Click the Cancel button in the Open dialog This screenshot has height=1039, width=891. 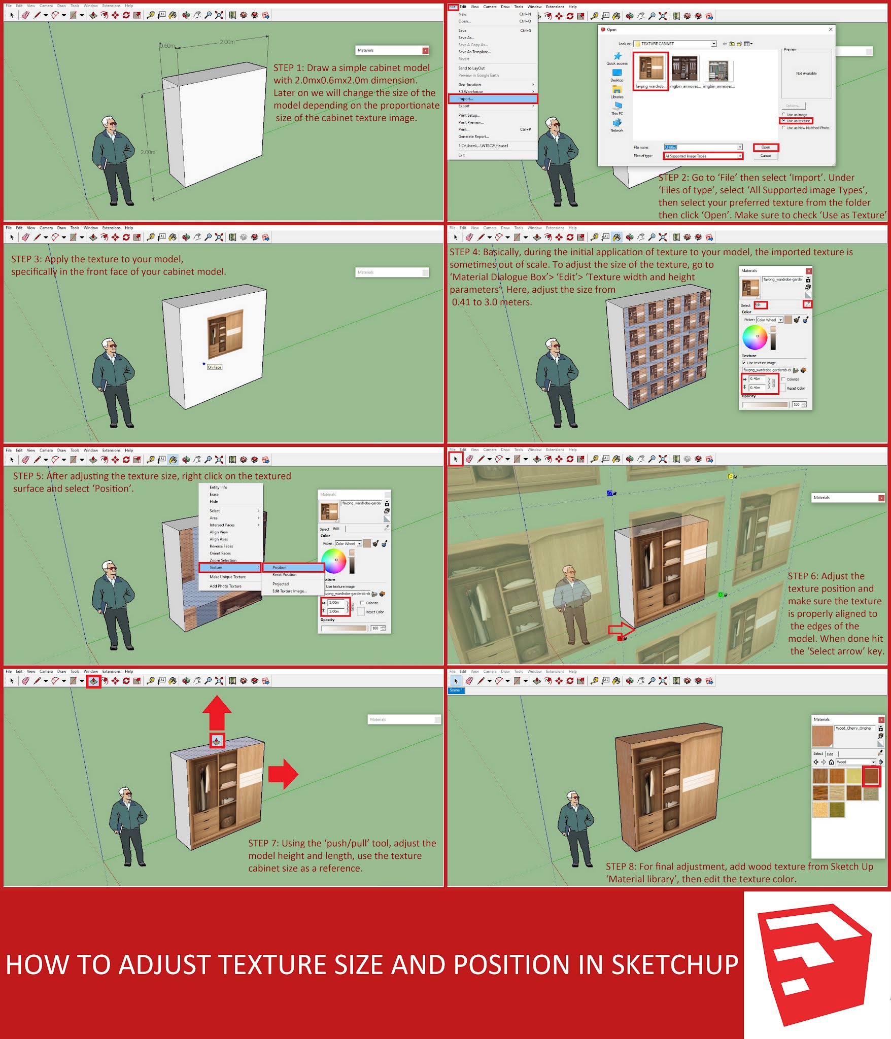pyautogui.click(x=766, y=156)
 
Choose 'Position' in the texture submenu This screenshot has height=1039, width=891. pyautogui.click(x=293, y=567)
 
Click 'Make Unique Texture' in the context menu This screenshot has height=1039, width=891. pyautogui.click(x=227, y=577)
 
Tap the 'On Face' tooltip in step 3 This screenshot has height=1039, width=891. pyautogui.click(x=215, y=367)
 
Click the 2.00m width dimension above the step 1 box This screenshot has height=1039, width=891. pyautogui.click(x=227, y=42)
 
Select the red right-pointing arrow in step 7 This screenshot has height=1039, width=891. pyautogui.click(x=283, y=774)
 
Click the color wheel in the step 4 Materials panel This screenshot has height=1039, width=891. pyautogui.click(x=755, y=337)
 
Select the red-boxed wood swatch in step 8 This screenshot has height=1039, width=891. pyautogui.click(x=871, y=776)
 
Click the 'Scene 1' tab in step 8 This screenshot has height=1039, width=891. pyautogui.click(x=455, y=690)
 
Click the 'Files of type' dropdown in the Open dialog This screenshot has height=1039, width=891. pyautogui.click(x=703, y=156)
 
